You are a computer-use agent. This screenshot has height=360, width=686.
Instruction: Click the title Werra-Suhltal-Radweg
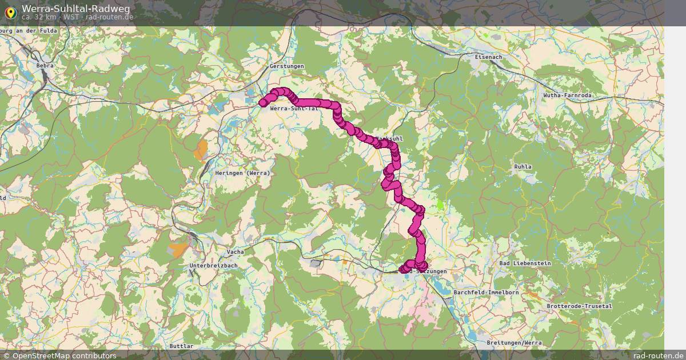coord(75,9)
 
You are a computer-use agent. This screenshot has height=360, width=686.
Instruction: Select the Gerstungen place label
coord(286,66)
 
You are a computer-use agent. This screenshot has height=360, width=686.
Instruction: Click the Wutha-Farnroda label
coord(567,95)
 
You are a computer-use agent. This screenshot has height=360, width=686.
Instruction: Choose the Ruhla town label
coord(523,167)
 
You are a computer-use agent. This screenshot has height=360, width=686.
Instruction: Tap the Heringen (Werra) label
coord(242,173)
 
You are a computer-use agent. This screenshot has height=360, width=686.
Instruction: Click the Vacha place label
coord(235,252)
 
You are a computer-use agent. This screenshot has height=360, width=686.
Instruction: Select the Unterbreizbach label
coord(213,266)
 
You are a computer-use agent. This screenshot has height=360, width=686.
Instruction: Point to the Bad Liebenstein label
coord(525,263)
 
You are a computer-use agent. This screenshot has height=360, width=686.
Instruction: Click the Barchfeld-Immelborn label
coord(486,292)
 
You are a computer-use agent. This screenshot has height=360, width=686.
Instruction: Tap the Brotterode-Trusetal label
coord(579,306)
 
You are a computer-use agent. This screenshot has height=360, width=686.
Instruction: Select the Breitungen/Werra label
coord(514,342)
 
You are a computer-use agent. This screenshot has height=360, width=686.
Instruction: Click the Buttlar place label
coord(181,346)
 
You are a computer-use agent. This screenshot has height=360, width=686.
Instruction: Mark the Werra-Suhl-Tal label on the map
coord(294,108)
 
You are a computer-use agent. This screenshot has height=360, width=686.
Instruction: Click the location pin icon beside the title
coord(10,12)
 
